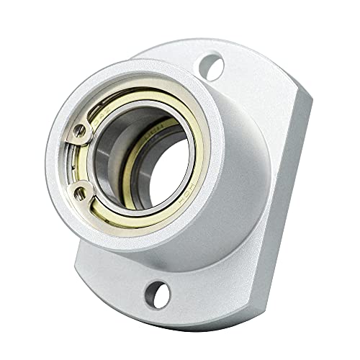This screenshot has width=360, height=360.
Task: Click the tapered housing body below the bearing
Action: (x=216, y=238)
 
